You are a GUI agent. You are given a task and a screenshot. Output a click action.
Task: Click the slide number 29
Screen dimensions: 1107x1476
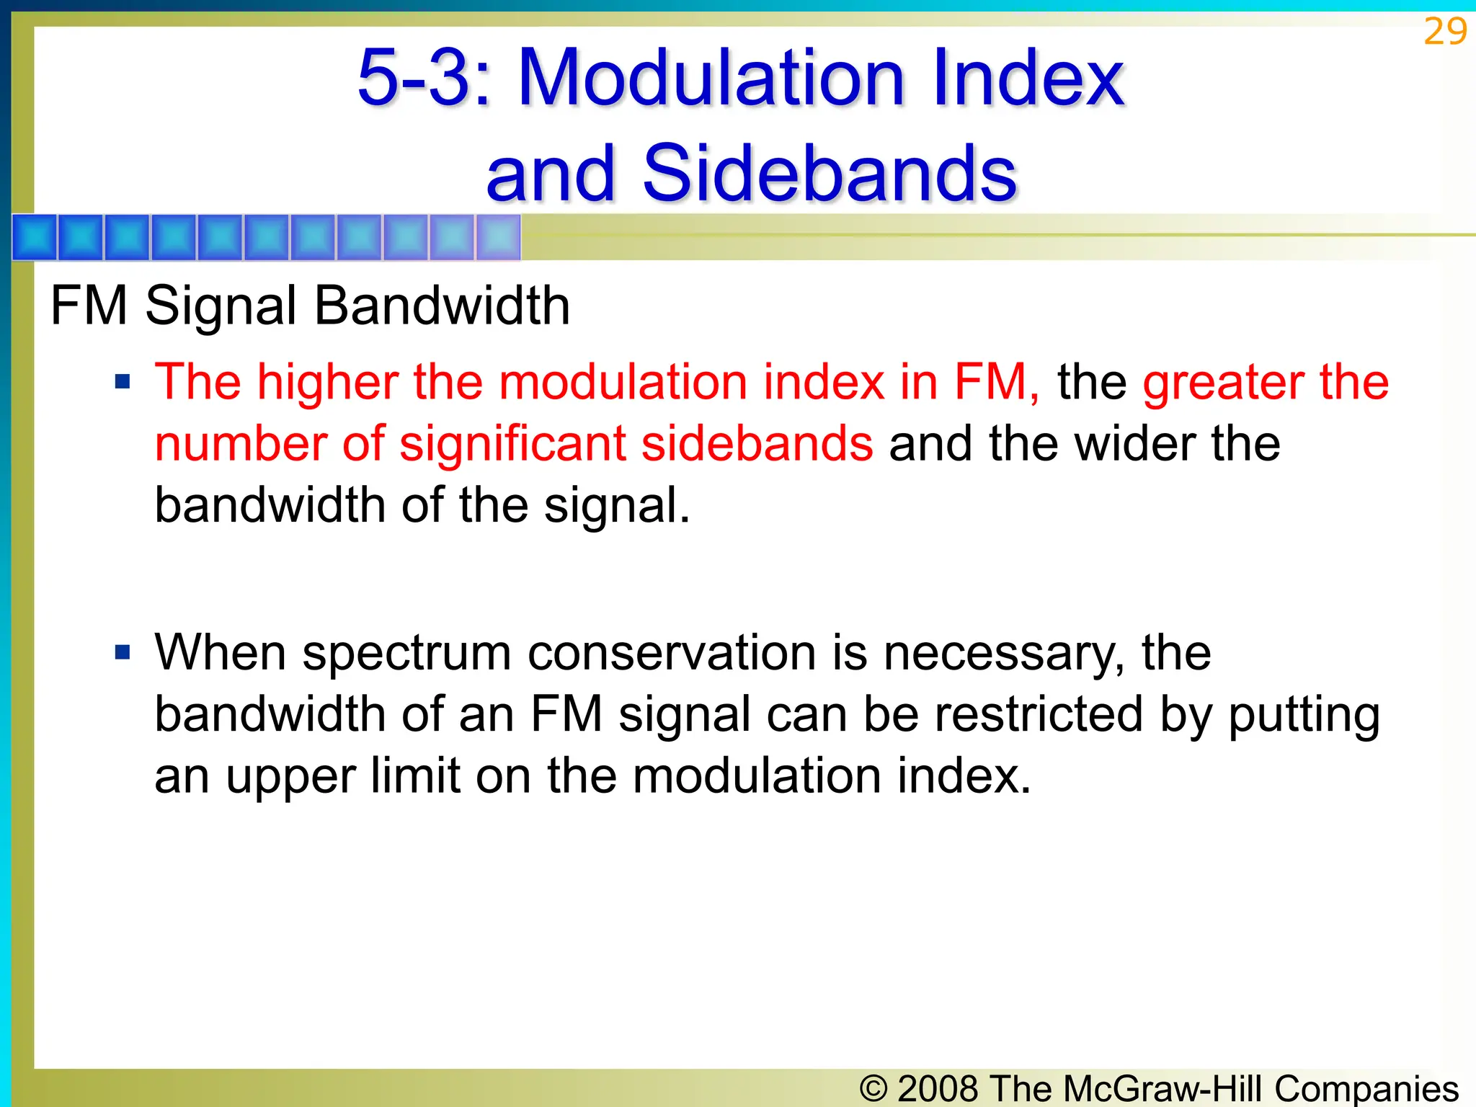(x=1444, y=32)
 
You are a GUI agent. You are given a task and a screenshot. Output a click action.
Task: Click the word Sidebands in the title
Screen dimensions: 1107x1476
(x=829, y=173)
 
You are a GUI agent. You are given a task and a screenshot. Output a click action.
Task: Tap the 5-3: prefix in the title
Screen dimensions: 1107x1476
(x=424, y=76)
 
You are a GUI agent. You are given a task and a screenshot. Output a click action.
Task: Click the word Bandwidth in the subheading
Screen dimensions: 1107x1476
(x=442, y=306)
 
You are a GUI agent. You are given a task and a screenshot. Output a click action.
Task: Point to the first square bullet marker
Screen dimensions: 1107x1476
(x=123, y=381)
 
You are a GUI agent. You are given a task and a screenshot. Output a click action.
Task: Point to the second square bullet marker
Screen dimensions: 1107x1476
(x=123, y=653)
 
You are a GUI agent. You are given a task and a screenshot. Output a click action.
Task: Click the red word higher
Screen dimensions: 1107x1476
(x=327, y=382)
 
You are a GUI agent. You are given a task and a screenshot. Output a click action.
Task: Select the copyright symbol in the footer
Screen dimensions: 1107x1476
(x=873, y=1088)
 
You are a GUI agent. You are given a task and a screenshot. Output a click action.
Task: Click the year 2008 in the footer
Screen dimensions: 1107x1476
(x=938, y=1088)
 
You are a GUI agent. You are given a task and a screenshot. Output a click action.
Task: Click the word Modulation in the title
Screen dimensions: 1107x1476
(x=711, y=76)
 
